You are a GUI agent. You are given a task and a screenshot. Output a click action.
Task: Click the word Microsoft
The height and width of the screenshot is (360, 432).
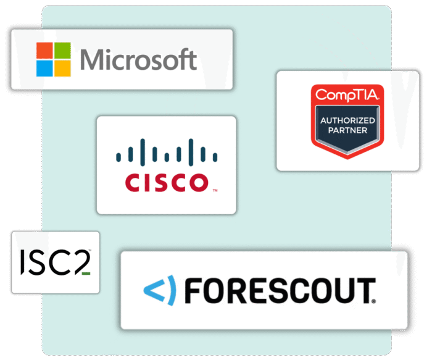[x=139, y=60]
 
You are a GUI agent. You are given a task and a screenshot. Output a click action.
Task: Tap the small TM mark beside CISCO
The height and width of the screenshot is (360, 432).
[x=215, y=190]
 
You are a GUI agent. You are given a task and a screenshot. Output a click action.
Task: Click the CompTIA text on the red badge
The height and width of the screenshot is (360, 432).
[x=347, y=94]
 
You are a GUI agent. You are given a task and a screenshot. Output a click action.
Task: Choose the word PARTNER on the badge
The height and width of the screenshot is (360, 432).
[x=348, y=130]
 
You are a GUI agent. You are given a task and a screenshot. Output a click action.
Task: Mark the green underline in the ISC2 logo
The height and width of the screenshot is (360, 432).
[x=86, y=273]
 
